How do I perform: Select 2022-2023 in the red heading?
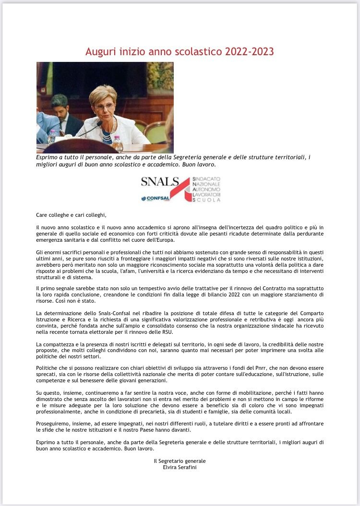pyautogui.click(x=249, y=52)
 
